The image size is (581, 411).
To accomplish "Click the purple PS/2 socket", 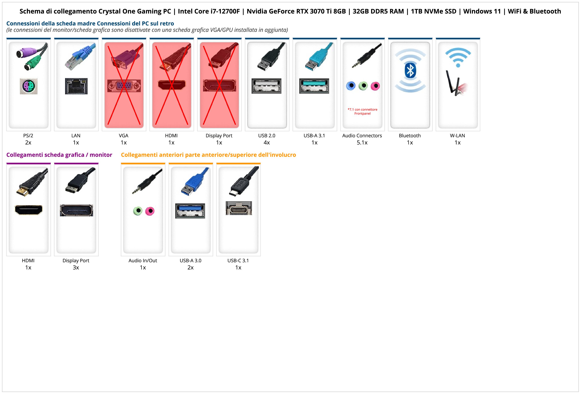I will pos(29,86).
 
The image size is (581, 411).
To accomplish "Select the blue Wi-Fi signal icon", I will pos(458,57).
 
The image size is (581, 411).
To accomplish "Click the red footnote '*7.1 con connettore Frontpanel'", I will pos(362,111).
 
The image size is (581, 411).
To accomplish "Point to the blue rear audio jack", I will pos(351,86).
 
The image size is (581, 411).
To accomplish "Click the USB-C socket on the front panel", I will pos(239,208).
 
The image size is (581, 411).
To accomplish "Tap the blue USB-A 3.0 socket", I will pos(190,211).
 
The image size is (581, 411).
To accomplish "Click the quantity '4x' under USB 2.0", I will pos(267,143).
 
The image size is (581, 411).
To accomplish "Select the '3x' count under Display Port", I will pos(76,267).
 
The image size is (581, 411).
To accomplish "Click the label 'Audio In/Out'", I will pos(143,261).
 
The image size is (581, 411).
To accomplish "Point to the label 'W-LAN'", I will pos(457,135).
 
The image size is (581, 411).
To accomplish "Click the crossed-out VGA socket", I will pos(124,86).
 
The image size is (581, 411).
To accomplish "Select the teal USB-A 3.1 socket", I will pos(314,86).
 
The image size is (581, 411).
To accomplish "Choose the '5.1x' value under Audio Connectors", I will pos(362,143).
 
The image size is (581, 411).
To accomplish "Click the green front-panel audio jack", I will pos(138,211).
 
